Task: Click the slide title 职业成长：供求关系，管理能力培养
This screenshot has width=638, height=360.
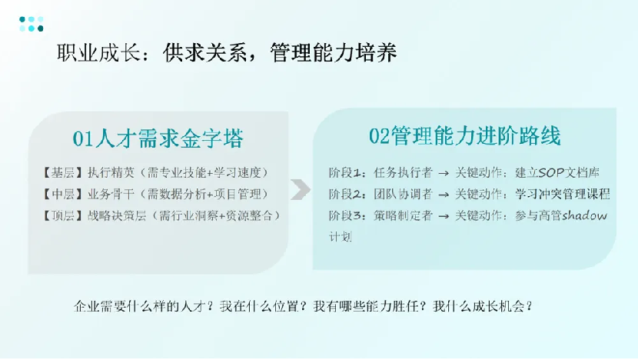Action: click(x=227, y=53)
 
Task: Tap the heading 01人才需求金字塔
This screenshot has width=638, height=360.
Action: click(x=158, y=138)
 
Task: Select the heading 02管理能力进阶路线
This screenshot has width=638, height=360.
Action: click(x=465, y=136)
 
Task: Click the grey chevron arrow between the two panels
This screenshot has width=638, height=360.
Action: click(x=301, y=189)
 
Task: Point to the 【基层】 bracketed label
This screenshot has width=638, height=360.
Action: click(x=63, y=172)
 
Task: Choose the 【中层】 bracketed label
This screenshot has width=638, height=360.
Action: click(x=63, y=195)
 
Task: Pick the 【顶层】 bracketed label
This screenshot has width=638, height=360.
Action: click(x=63, y=215)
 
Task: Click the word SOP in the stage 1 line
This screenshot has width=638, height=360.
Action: click(x=551, y=172)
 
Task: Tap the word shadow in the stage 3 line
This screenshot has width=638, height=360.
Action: click(x=584, y=215)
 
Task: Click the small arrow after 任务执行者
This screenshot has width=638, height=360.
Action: click(x=444, y=174)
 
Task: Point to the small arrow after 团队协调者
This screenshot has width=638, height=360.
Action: click(x=444, y=195)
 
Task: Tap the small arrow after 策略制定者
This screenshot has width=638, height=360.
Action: click(x=444, y=216)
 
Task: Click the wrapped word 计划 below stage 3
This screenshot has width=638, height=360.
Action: click(x=341, y=237)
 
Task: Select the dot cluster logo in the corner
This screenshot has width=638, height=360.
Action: click(x=32, y=24)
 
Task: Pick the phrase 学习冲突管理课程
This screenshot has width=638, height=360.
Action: click(x=563, y=195)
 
